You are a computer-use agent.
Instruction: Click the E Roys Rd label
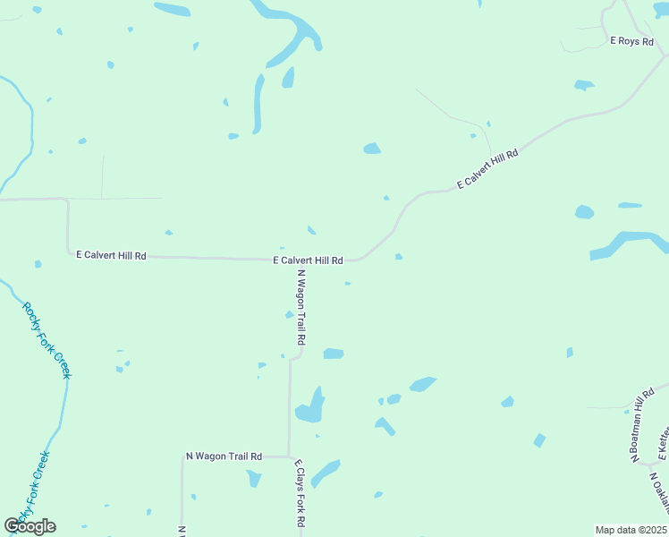tap(631, 41)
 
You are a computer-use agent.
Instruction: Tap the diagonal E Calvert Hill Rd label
tap(487, 169)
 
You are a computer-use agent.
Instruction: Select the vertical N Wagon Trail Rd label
tap(301, 309)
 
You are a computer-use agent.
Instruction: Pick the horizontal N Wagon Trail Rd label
tap(224, 456)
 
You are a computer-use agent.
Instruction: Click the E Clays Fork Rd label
tap(301, 495)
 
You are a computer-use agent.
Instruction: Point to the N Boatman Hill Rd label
tap(642, 426)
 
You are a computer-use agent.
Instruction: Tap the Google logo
tap(30, 526)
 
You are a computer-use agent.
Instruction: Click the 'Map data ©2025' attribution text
tap(631, 530)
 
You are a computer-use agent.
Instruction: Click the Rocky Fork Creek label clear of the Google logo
tap(47, 339)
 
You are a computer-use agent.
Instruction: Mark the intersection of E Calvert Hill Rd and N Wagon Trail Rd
tap(301, 260)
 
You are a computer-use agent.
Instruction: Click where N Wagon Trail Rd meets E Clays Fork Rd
tap(289, 456)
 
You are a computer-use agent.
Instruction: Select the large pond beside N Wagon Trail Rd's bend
tap(310, 407)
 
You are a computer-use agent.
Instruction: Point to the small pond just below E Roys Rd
tap(584, 86)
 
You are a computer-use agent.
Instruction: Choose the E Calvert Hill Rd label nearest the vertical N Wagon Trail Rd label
tap(308, 260)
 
